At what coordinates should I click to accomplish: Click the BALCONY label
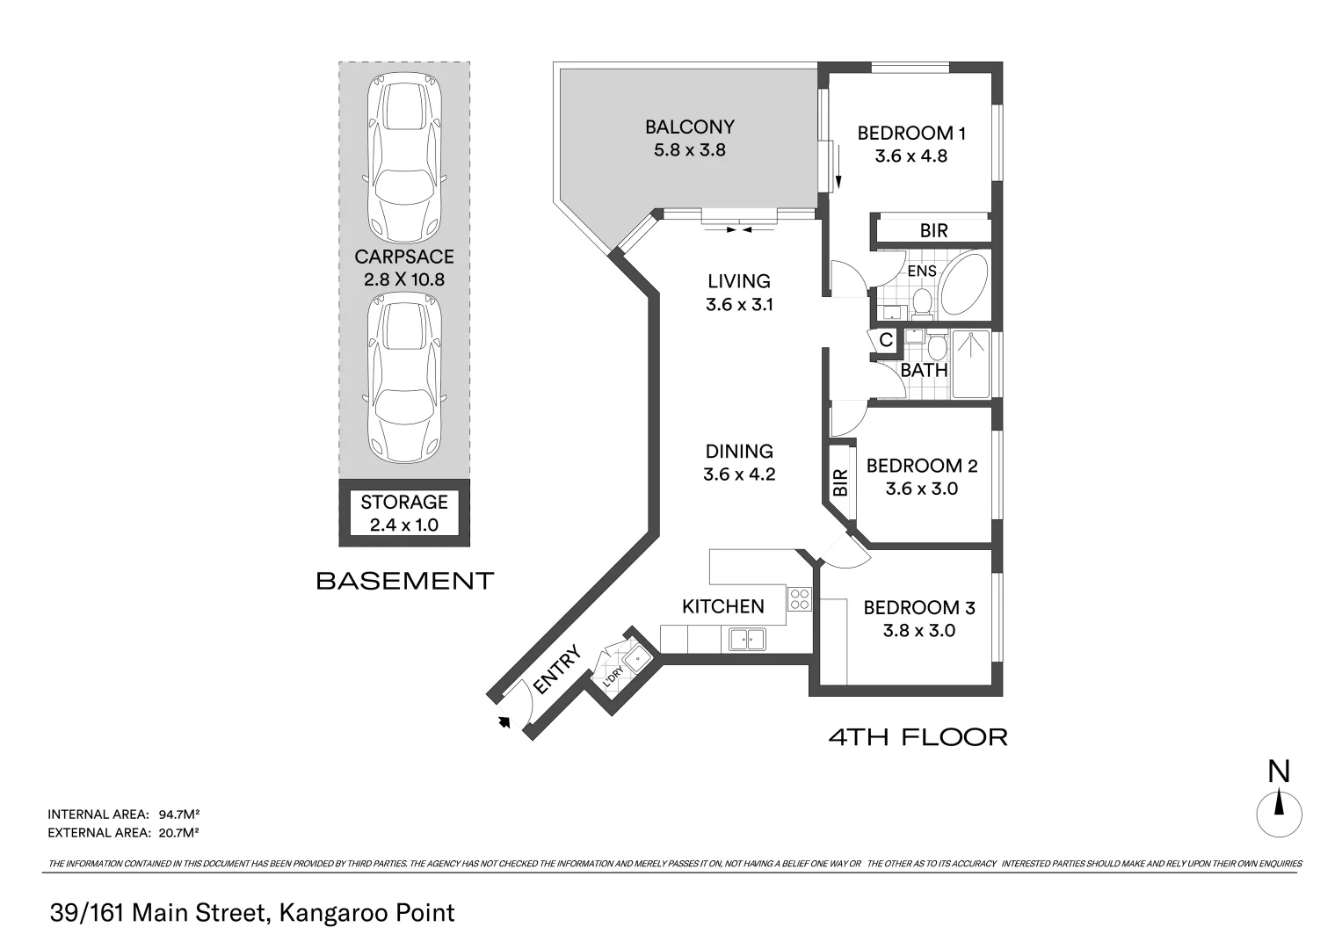pyautogui.click(x=690, y=127)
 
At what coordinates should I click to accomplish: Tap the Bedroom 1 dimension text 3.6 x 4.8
pyautogui.click(x=911, y=156)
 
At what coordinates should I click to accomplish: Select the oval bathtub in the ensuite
pyautogui.click(x=964, y=285)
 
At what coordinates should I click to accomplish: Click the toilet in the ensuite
pyautogui.click(x=922, y=302)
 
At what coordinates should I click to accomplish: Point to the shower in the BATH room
pyautogui.click(x=970, y=364)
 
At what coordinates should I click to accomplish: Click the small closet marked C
pyautogui.click(x=886, y=340)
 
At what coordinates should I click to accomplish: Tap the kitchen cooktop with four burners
pyautogui.click(x=799, y=598)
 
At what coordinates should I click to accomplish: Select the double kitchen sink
pyautogui.click(x=747, y=640)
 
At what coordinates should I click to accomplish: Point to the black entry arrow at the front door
pyautogui.click(x=504, y=721)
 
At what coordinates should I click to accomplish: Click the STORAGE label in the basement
pyautogui.click(x=404, y=502)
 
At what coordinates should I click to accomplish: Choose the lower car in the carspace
pyautogui.click(x=404, y=378)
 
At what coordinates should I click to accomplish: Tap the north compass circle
pyautogui.click(x=1279, y=815)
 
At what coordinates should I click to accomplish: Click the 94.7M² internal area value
pyautogui.click(x=178, y=815)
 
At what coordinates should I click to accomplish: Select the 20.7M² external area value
pyautogui.click(x=178, y=832)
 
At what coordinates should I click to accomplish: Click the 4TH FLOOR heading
pyautogui.click(x=918, y=737)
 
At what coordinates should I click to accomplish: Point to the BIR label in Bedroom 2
pyautogui.click(x=841, y=482)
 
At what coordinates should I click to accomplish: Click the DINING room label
pyautogui.click(x=739, y=451)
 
